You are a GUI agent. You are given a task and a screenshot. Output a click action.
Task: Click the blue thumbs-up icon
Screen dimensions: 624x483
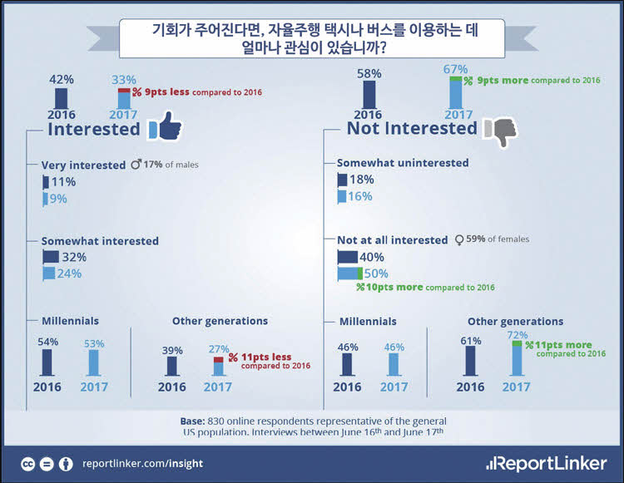[x=165, y=126]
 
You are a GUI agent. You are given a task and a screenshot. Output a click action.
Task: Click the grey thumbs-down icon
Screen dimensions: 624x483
[x=501, y=131]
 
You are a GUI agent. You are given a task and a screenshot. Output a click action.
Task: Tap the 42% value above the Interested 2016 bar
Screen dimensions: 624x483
[x=62, y=80]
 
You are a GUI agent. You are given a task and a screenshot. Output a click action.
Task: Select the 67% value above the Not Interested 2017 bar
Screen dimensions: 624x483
[x=455, y=69]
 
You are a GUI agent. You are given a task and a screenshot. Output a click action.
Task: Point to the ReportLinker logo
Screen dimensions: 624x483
[x=547, y=464]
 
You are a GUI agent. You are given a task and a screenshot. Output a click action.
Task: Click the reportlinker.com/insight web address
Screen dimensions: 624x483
[x=142, y=464]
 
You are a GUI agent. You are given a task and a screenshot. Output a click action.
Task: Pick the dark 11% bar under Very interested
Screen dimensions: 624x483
[x=46, y=182]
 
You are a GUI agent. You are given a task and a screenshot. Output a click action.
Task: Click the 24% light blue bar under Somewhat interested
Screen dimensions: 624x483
[x=49, y=274]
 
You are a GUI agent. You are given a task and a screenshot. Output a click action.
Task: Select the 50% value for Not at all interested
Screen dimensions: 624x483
[x=376, y=274]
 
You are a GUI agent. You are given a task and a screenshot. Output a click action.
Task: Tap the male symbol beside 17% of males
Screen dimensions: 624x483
[x=136, y=164]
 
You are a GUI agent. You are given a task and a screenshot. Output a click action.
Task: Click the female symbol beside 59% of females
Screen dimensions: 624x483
[x=459, y=240]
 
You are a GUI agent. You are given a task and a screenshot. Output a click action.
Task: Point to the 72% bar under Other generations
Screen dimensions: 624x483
[x=517, y=357]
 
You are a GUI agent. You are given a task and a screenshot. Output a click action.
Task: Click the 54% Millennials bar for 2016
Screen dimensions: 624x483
[x=47, y=362]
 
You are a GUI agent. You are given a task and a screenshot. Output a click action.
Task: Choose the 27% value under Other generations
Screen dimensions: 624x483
[x=219, y=349]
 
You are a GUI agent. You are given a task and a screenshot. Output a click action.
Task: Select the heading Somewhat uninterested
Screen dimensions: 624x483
[x=403, y=163]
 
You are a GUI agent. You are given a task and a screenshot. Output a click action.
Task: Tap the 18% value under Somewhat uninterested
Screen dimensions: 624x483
[x=362, y=180]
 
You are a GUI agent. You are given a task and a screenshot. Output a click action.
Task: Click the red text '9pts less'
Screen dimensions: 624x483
[x=166, y=91]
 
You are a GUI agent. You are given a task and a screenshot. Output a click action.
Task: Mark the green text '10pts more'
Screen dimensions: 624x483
[x=394, y=287]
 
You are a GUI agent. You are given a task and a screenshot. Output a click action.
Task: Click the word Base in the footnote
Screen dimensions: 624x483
[x=193, y=421]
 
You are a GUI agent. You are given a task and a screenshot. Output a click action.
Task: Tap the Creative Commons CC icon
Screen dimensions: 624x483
[x=27, y=464]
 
